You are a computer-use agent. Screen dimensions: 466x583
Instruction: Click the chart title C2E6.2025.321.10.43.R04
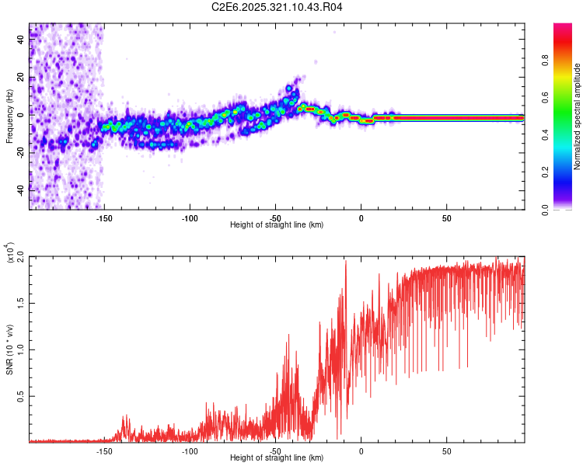(278, 8)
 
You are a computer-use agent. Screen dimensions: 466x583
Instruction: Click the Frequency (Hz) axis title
(10, 116)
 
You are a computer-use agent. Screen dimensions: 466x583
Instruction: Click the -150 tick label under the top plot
(104, 218)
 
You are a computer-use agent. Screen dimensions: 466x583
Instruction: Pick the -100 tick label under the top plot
(190, 218)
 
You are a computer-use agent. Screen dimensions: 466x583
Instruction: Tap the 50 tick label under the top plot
(446, 218)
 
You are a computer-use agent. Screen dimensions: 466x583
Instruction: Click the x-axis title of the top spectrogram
(278, 226)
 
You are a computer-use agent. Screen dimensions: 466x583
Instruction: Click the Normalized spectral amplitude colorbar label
(577, 116)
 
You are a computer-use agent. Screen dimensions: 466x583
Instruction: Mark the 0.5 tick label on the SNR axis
(21, 396)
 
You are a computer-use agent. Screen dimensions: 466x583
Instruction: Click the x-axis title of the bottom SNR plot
(278, 458)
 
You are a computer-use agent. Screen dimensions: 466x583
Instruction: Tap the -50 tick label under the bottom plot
(275, 450)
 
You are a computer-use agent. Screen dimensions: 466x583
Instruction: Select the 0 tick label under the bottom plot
(361, 450)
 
